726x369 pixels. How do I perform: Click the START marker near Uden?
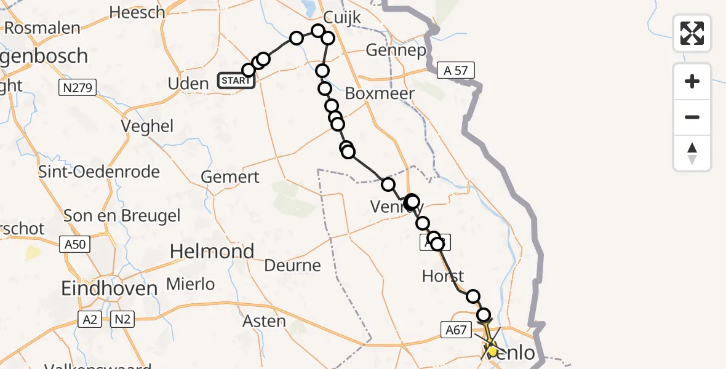pyautogui.click(x=236, y=81)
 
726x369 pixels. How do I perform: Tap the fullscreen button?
pyautogui.click(x=692, y=33)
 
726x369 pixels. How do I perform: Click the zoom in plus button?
pyautogui.click(x=692, y=82)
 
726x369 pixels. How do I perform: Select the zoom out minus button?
pyautogui.click(x=692, y=117)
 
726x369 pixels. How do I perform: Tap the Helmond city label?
pyautogui.click(x=212, y=251)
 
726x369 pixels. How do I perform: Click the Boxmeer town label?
pyautogui.click(x=380, y=93)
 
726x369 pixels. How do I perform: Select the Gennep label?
pyautogui.click(x=396, y=50)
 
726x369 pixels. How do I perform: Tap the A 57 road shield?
pyautogui.click(x=456, y=71)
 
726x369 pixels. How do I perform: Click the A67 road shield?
pyautogui.click(x=456, y=330)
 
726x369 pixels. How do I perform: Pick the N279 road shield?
pyautogui.click(x=78, y=88)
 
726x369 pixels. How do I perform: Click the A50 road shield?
pyautogui.click(x=75, y=244)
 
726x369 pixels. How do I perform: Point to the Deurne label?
pyautogui.click(x=292, y=266)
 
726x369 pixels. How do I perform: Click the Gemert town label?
pyautogui.click(x=230, y=177)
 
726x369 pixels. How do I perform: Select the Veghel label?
pyautogui.click(x=147, y=126)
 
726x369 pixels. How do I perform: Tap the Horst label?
pyautogui.click(x=443, y=276)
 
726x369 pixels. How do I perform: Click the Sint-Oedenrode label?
pyautogui.click(x=99, y=172)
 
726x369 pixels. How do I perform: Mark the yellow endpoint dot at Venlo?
pyautogui.click(x=492, y=351)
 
